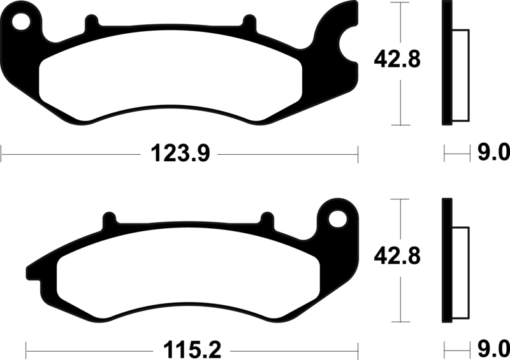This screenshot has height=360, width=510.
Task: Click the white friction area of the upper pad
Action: click(x=169, y=80)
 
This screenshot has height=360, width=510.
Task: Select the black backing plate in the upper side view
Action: click(x=447, y=64)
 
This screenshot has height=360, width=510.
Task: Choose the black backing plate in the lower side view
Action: click(x=447, y=261)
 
